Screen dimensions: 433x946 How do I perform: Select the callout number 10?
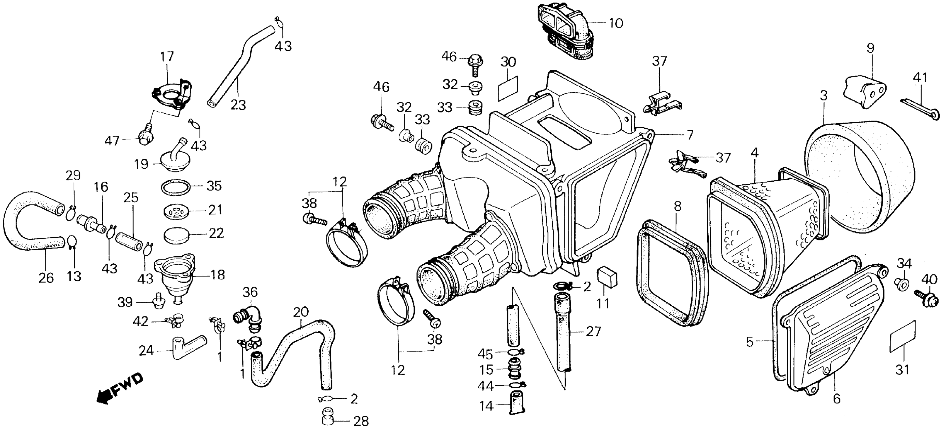[x=616, y=23]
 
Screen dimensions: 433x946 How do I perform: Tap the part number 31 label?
[x=902, y=369]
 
